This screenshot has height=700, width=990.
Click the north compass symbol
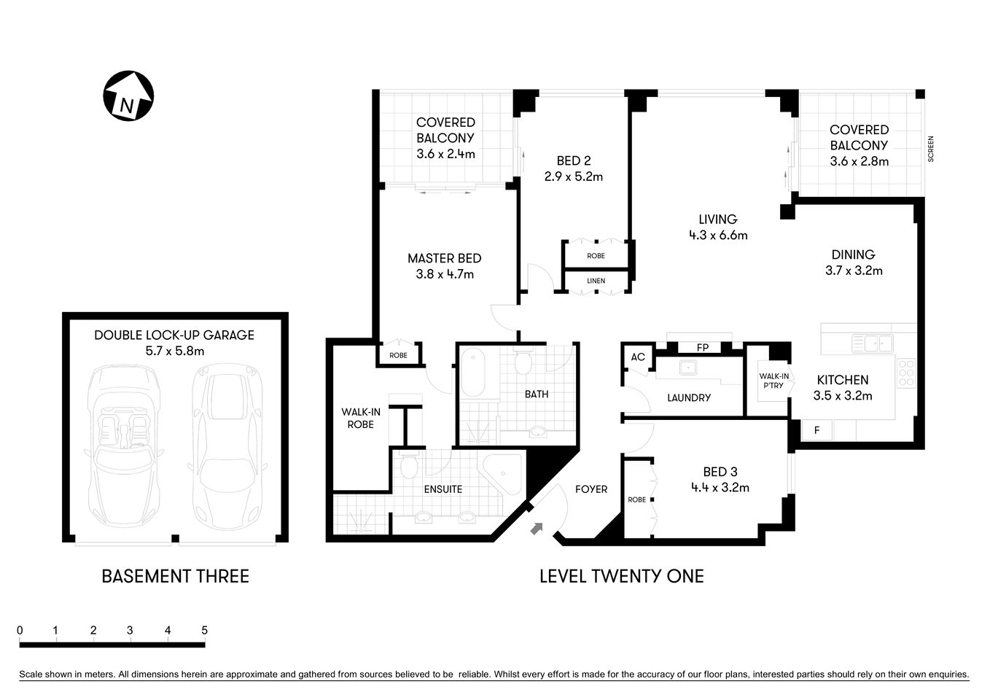point(128,96)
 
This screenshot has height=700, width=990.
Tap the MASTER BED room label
point(444,258)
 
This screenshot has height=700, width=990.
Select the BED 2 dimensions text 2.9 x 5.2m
point(573,176)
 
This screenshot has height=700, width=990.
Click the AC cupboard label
point(638,357)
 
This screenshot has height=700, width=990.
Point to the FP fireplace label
point(703,348)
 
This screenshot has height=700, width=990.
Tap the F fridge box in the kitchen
point(816,430)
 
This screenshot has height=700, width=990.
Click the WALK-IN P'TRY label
point(773,381)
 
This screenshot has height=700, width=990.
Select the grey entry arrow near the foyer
point(537,528)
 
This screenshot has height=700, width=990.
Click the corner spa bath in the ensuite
point(503,475)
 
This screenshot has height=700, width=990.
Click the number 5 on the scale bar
point(205,631)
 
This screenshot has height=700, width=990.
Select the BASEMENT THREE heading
point(175,576)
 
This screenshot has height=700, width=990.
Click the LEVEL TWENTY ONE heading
point(621,576)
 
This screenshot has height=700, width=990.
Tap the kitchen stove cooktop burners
point(906,373)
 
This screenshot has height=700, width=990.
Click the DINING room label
point(853,254)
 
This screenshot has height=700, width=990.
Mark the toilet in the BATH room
point(523,362)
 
